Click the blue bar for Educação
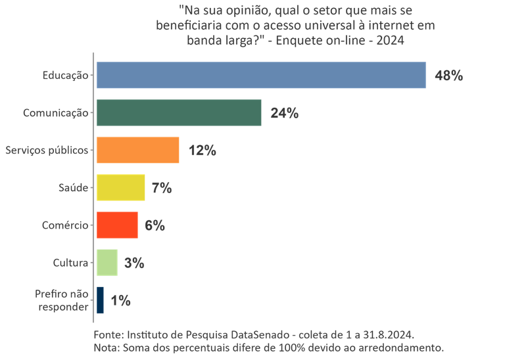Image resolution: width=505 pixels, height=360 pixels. pyautogui.click(x=261, y=75)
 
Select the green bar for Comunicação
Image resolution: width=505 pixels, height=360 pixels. pyautogui.click(x=179, y=112)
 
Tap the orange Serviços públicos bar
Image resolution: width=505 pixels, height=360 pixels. pyautogui.click(x=138, y=150)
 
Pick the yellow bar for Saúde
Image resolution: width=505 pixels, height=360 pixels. pyautogui.click(x=121, y=187)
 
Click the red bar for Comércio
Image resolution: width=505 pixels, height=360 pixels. pyautogui.click(x=117, y=225)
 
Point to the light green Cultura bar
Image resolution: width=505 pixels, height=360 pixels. pyautogui.click(x=107, y=263)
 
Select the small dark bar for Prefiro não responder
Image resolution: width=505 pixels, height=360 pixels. pyautogui.click(x=100, y=300)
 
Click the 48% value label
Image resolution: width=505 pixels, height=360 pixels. pyautogui.click(x=449, y=76)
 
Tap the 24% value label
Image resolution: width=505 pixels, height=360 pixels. pyautogui.click(x=284, y=113)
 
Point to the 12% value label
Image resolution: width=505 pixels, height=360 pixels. pyautogui.click(x=202, y=150)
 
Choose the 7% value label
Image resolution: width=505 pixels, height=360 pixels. pyautogui.click(x=161, y=188)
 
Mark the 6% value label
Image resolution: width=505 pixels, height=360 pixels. pyautogui.click(x=154, y=225)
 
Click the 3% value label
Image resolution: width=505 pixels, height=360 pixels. pyautogui.click(x=133, y=263)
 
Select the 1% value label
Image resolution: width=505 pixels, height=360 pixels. pyautogui.click(x=120, y=301)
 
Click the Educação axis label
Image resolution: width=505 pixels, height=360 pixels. pyautogui.click(x=65, y=76)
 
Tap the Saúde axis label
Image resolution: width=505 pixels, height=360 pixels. pyautogui.click(x=74, y=188)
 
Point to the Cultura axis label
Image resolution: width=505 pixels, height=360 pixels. pyautogui.click(x=70, y=263)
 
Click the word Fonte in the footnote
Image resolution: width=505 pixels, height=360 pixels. pyautogui.click(x=108, y=334)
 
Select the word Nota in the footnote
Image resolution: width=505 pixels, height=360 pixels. pyautogui.click(x=107, y=346)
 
